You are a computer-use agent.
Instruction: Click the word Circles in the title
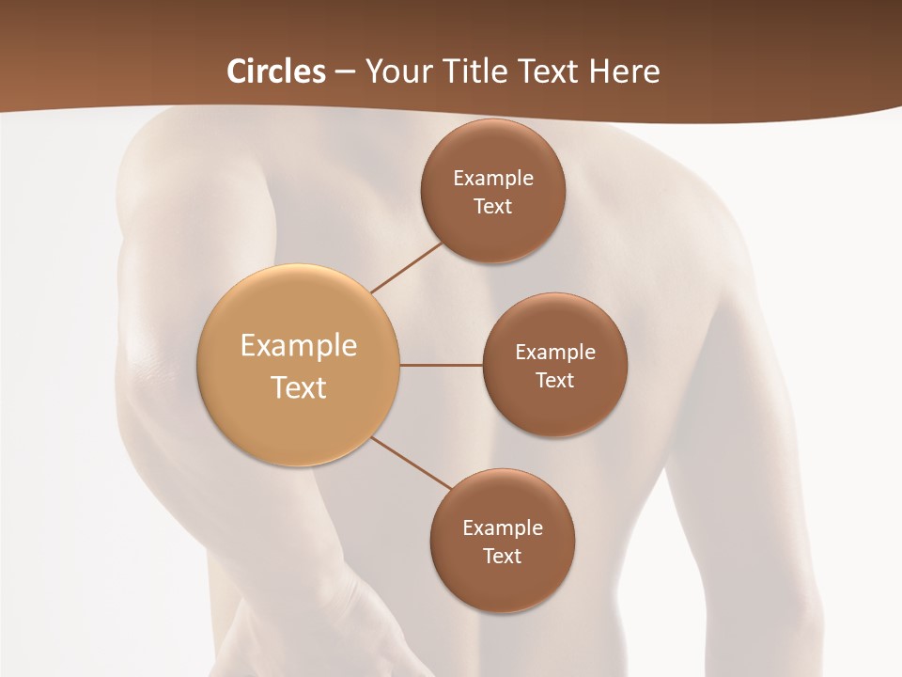tap(275, 71)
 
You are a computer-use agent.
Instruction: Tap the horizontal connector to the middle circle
tap(442, 365)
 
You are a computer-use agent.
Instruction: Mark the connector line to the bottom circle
tap(412, 464)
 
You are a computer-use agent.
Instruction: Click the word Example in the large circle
tap(299, 346)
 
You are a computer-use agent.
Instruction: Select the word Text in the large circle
tap(299, 387)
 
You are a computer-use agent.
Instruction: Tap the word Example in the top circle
tap(493, 179)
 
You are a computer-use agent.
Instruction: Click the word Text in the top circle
tap(493, 207)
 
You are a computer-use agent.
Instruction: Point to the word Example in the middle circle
tap(555, 353)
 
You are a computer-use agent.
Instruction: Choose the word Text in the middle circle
tap(555, 381)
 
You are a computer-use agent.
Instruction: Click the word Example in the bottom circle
tap(503, 528)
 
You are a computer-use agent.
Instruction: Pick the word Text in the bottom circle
tap(503, 557)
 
